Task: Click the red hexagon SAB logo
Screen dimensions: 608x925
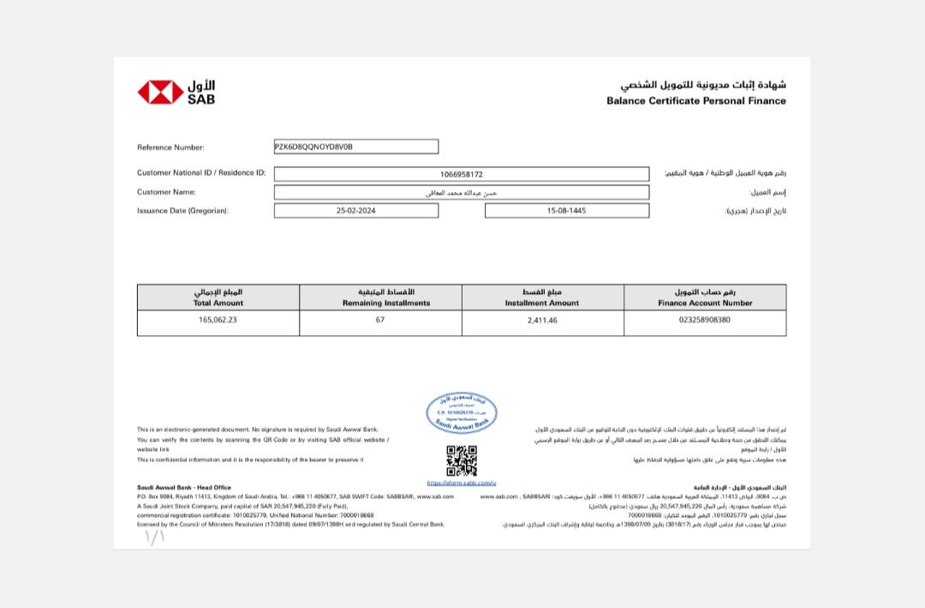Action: point(160,93)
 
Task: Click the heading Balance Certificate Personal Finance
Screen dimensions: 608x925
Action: point(695,101)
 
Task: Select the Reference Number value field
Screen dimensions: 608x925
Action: point(355,147)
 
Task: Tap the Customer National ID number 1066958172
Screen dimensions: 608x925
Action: point(462,174)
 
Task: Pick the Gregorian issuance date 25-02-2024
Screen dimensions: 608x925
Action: point(356,210)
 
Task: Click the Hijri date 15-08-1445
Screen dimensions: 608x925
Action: point(566,210)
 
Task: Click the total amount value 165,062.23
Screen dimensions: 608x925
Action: point(218,320)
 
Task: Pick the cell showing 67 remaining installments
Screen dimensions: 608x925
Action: point(380,320)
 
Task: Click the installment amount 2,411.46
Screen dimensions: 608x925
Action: point(542,320)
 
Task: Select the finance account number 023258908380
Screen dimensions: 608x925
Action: point(705,320)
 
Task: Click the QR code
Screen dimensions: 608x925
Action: point(462,461)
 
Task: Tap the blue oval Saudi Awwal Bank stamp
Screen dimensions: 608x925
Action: point(462,412)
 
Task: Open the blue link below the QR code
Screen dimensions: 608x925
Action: point(462,484)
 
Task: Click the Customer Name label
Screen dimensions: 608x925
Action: point(166,192)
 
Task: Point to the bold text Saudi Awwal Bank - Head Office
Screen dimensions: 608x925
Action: point(184,487)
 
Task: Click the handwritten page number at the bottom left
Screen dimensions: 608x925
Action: point(154,538)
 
